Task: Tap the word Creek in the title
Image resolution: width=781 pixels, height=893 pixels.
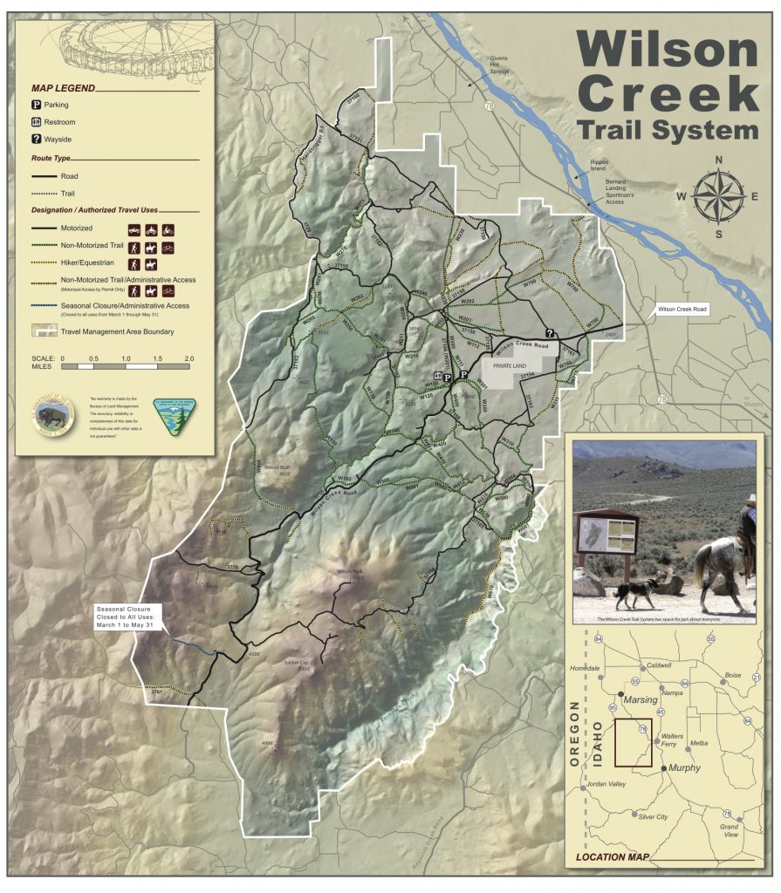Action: tap(668, 91)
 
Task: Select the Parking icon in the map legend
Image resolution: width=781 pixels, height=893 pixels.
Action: tap(37, 105)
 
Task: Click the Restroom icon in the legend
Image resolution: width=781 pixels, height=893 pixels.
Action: tap(37, 122)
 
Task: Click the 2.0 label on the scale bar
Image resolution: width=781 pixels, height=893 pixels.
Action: tap(188, 358)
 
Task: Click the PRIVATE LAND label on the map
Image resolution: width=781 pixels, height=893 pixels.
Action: tap(505, 367)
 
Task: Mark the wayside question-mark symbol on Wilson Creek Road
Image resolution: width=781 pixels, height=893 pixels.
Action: tap(550, 332)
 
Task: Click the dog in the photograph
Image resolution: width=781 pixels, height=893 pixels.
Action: tap(636, 593)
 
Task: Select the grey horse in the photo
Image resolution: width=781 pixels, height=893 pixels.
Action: tap(722, 562)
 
